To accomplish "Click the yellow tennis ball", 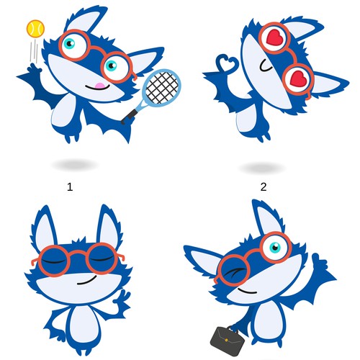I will click(x=33, y=28).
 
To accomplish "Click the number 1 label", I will click(x=70, y=186).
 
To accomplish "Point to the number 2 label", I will click(x=264, y=186).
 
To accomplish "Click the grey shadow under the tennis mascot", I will click(x=74, y=165).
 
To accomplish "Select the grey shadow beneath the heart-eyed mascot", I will click(x=263, y=168).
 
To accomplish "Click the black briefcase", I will click(x=225, y=336).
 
